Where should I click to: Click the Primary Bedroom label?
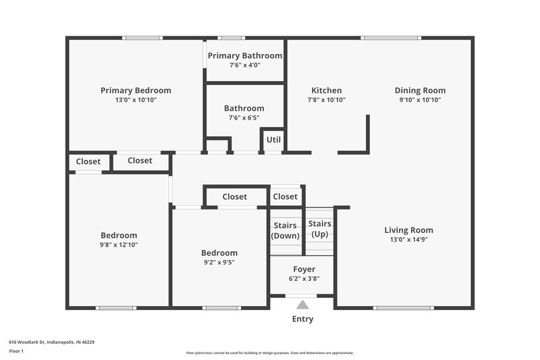click(x=136, y=91)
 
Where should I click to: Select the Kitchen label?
click(x=326, y=91)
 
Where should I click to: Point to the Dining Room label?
click(x=420, y=91)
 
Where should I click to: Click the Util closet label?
click(x=273, y=140)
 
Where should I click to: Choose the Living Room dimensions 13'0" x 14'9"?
click(x=408, y=239)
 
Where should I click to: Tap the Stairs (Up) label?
click(x=319, y=228)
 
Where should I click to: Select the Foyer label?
click(x=304, y=269)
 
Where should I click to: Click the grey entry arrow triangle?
click(x=303, y=305)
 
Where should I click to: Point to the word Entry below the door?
click(x=302, y=319)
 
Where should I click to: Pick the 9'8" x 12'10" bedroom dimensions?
click(x=119, y=245)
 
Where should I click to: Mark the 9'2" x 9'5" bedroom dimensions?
click(x=219, y=262)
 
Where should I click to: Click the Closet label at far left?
click(x=88, y=161)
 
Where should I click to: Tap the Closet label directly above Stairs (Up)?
click(x=285, y=197)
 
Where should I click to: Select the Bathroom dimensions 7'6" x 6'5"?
click(x=244, y=118)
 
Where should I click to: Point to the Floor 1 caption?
click(x=16, y=351)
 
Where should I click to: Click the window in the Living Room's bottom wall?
click(x=394, y=308)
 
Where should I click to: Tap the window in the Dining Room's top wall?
click(x=391, y=38)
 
